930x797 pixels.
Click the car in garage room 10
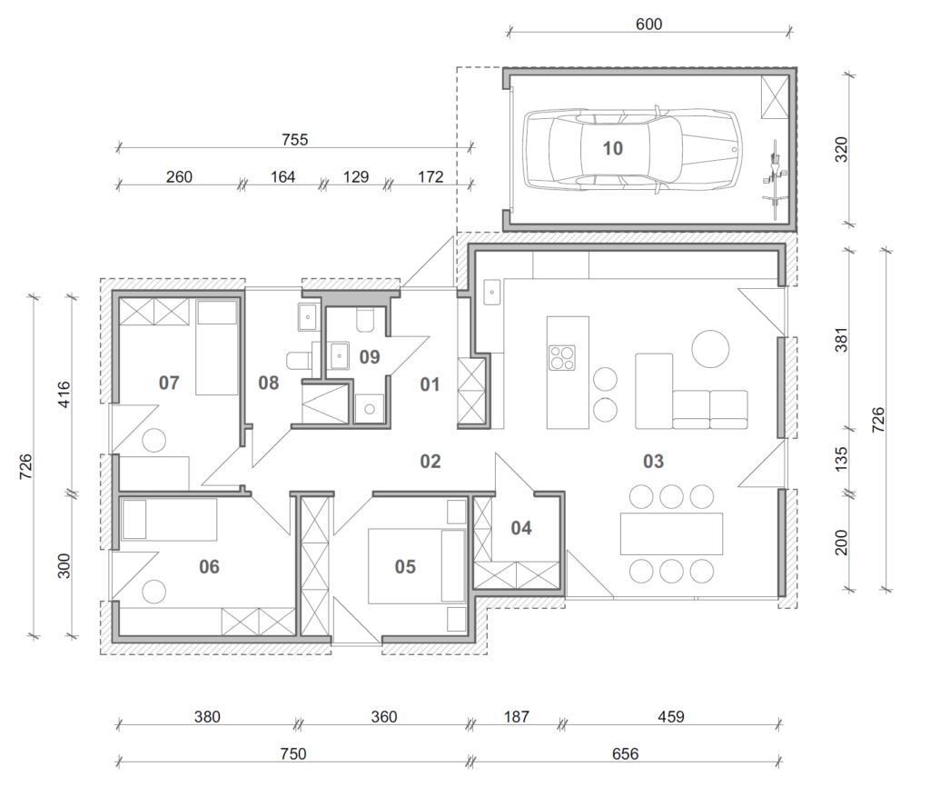[x=632, y=149]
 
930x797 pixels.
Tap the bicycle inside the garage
[x=775, y=173]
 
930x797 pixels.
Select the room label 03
[x=653, y=461]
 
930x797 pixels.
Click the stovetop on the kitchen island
[x=561, y=358]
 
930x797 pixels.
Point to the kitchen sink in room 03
[x=492, y=293]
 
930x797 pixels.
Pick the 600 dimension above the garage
[x=648, y=25]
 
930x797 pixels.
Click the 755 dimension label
[x=295, y=139]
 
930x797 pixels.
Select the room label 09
[x=370, y=356]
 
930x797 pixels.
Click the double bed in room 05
[x=416, y=566]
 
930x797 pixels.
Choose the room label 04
[x=521, y=528]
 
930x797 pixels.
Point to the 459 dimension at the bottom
[x=671, y=717]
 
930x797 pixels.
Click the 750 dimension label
[x=293, y=753]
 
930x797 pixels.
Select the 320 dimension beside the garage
[x=841, y=149]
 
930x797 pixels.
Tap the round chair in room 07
[x=154, y=441]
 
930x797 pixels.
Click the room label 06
[x=210, y=567]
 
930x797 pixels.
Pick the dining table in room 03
[x=671, y=533]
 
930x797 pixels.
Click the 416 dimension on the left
[x=64, y=394]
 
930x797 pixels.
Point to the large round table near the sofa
[x=710, y=348]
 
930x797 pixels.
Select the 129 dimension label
[x=356, y=177]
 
